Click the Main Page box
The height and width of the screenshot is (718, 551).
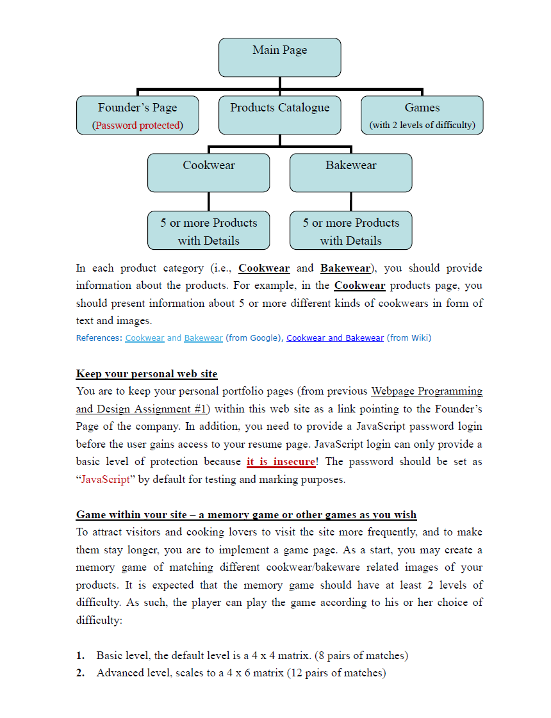pos(279,57)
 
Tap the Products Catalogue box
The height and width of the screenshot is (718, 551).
pos(279,115)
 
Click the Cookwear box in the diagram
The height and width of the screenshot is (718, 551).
pos(208,172)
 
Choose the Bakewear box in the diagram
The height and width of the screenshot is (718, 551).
pos(350,172)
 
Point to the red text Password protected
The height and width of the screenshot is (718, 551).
pos(138,126)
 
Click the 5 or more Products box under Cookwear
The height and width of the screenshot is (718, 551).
pos(208,231)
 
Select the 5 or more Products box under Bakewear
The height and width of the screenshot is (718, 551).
pos(350,231)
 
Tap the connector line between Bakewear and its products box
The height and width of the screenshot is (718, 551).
pos(350,201)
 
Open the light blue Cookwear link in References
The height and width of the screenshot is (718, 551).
pos(145,338)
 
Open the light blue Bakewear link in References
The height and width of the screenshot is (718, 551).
pos(203,338)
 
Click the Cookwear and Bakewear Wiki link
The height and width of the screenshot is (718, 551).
pos(335,338)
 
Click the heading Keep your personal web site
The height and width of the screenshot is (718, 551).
pos(147,374)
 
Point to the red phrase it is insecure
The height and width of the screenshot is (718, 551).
pos(281,462)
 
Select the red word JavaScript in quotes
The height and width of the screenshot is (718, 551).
pos(106,480)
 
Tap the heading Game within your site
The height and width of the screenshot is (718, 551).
pos(246,515)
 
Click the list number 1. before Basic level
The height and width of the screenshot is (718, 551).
pos(81,656)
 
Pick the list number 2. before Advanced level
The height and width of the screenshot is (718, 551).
pos(81,673)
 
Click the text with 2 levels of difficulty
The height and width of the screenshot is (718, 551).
pos(422,126)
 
